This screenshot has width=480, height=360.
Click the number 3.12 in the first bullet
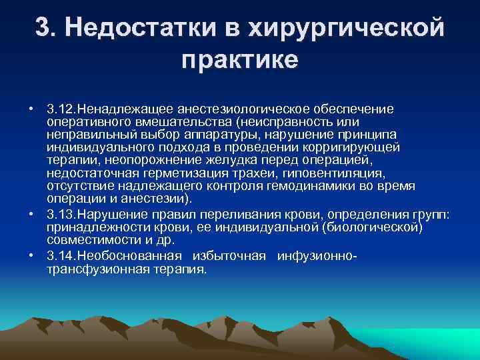(x=61, y=108)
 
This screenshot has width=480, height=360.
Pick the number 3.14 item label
(x=61, y=257)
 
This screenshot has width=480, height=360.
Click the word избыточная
(x=229, y=257)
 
